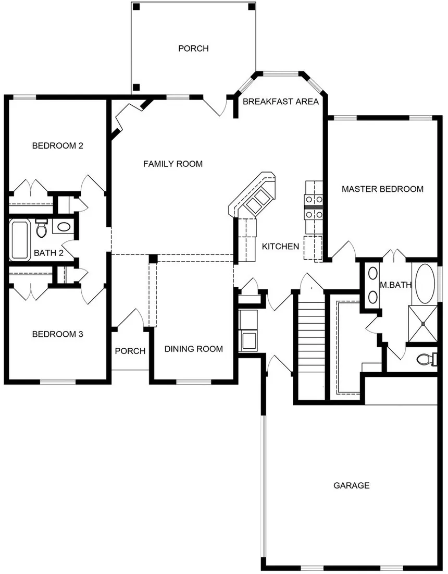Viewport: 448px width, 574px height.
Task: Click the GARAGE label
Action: (x=351, y=485)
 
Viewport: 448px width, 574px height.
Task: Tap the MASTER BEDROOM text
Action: (x=382, y=189)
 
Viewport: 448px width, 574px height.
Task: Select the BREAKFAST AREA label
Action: (x=280, y=102)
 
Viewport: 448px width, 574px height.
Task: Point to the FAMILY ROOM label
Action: (x=173, y=164)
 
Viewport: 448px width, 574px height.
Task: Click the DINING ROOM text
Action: (x=194, y=349)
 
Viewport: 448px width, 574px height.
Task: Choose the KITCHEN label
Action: (x=280, y=246)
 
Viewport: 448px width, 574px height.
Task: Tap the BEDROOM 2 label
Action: (x=58, y=145)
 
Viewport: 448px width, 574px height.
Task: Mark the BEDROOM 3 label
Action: (x=58, y=334)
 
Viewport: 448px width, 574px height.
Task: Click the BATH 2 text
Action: (x=48, y=253)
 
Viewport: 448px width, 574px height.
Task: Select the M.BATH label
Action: (x=396, y=285)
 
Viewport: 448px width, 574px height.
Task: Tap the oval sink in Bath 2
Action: (x=64, y=227)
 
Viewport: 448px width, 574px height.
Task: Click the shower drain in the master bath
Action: (x=424, y=324)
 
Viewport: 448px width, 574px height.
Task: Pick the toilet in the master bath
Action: (x=428, y=359)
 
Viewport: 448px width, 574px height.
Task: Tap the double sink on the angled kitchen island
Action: (x=258, y=200)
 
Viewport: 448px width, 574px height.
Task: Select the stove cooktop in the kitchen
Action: (x=315, y=206)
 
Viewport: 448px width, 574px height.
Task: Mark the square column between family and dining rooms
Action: (x=153, y=259)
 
